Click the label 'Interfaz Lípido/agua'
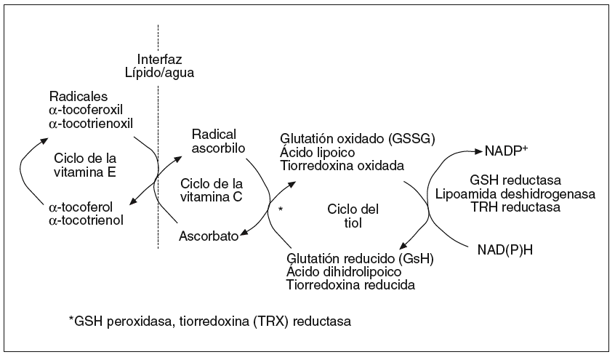point(158,66)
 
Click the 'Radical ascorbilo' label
point(219,140)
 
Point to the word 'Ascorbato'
point(209,236)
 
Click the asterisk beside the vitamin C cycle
point(280,210)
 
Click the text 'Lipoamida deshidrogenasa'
point(515,193)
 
